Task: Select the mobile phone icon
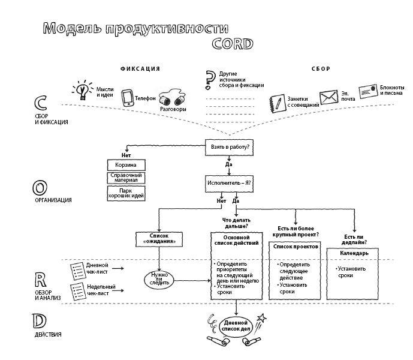(126, 98)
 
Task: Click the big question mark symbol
(210, 79)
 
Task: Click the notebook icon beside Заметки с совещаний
(276, 103)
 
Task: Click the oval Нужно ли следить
(159, 279)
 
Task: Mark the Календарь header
(355, 253)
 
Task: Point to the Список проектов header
(295, 247)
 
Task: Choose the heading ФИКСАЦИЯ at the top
(140, 69)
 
